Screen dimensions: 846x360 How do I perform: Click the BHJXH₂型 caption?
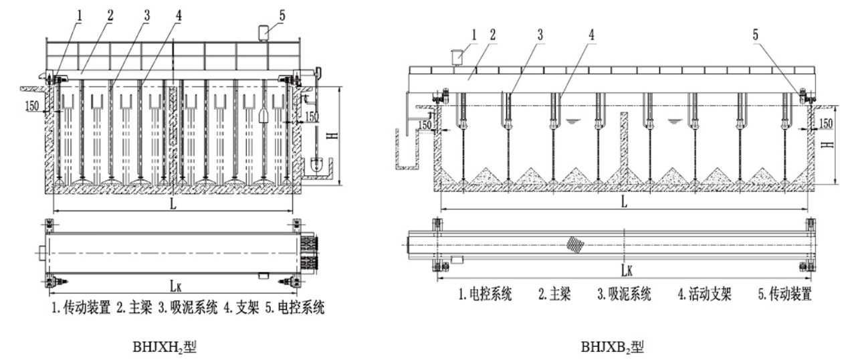(x=165, y=347)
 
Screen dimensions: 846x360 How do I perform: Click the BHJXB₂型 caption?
(x=612, y=347)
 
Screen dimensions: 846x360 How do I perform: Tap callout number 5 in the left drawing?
(x=282, y=15)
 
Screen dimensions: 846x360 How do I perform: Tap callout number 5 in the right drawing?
(x=755, y=35)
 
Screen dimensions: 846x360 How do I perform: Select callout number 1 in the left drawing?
(x=80, y=15)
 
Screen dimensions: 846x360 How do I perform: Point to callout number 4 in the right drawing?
(x=591, y=35)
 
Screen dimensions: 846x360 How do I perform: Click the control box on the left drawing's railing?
(x=263, y=33)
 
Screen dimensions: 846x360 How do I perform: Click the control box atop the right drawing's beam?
(x=457, y=58)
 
